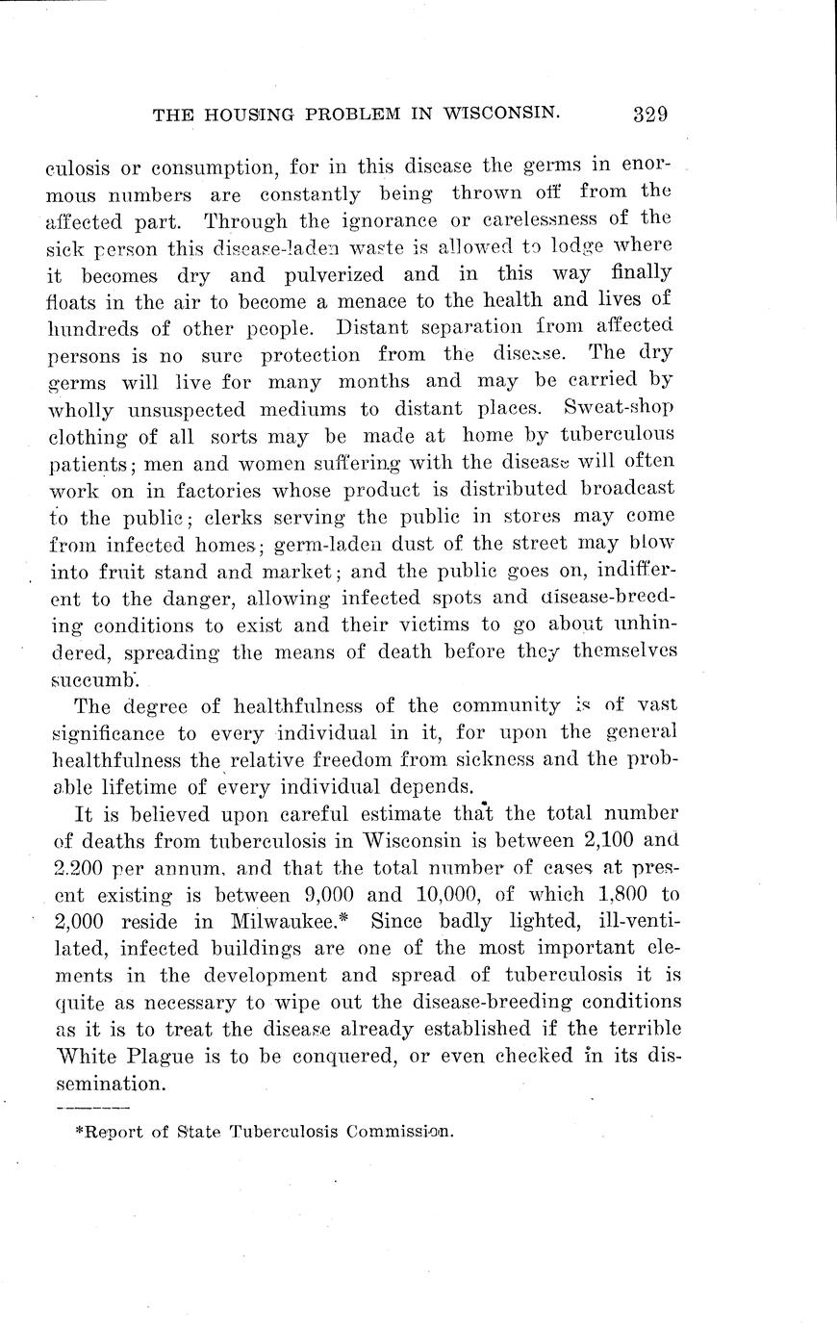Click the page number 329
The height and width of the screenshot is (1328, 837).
pyautogui.click(x=649, y=114)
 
